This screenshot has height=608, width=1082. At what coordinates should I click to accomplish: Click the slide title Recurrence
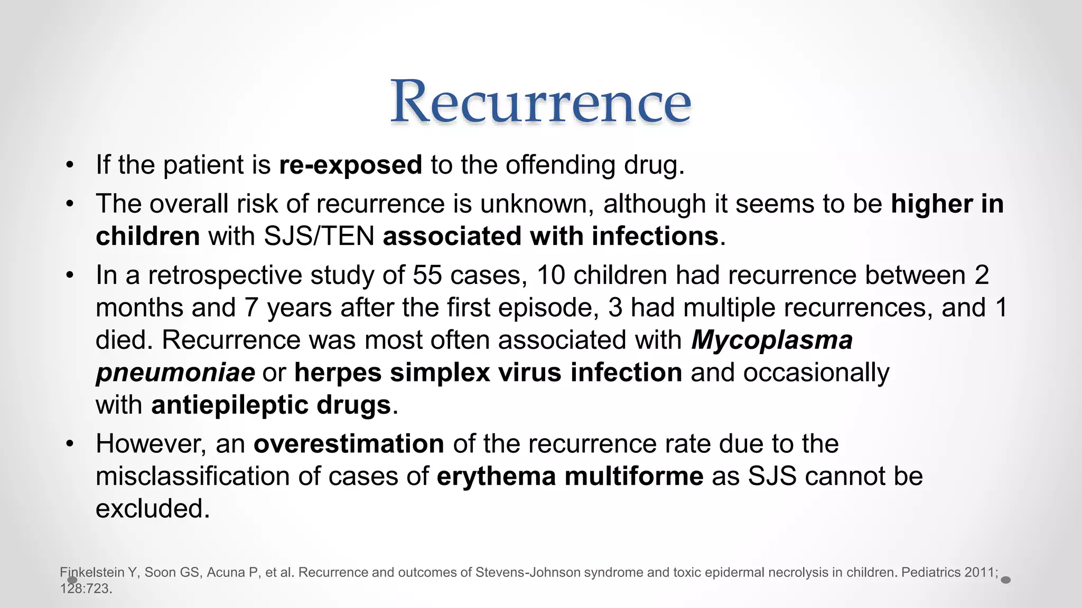540,101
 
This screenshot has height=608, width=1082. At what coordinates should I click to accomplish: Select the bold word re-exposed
350,165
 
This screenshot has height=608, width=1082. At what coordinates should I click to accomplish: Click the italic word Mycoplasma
772,340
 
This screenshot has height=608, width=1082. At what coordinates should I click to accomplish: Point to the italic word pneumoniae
175,373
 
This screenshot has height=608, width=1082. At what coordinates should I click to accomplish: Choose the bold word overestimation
349,444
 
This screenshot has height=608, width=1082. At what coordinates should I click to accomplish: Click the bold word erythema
496,477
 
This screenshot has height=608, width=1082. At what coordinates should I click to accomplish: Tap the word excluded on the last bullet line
152,509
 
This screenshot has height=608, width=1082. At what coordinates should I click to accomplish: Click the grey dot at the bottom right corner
1006,580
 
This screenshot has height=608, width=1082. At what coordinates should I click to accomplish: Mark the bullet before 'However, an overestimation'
70,444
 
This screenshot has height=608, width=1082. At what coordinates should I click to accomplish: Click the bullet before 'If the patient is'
70,165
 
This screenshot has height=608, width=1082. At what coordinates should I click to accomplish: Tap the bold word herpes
338,373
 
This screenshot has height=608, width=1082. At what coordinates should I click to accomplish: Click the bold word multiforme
633,477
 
